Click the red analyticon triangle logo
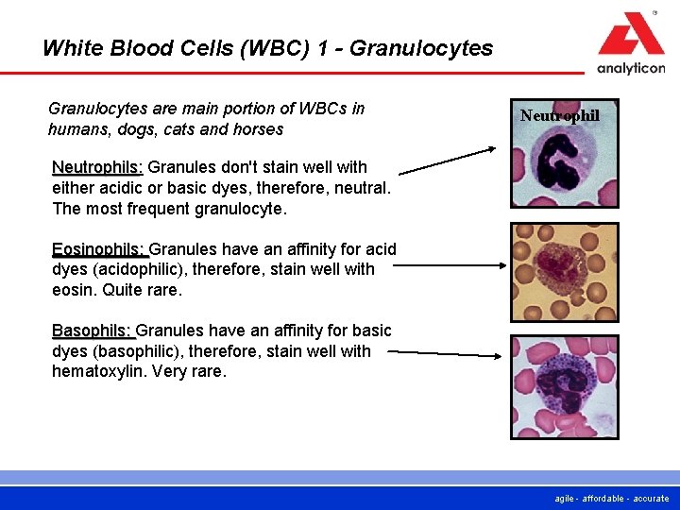631,36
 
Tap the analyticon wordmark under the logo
631,68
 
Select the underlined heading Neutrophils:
97,167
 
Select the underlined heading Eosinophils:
99,249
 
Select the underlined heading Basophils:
93,331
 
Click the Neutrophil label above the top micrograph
559,115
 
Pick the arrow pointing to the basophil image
448,353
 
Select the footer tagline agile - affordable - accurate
612,498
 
